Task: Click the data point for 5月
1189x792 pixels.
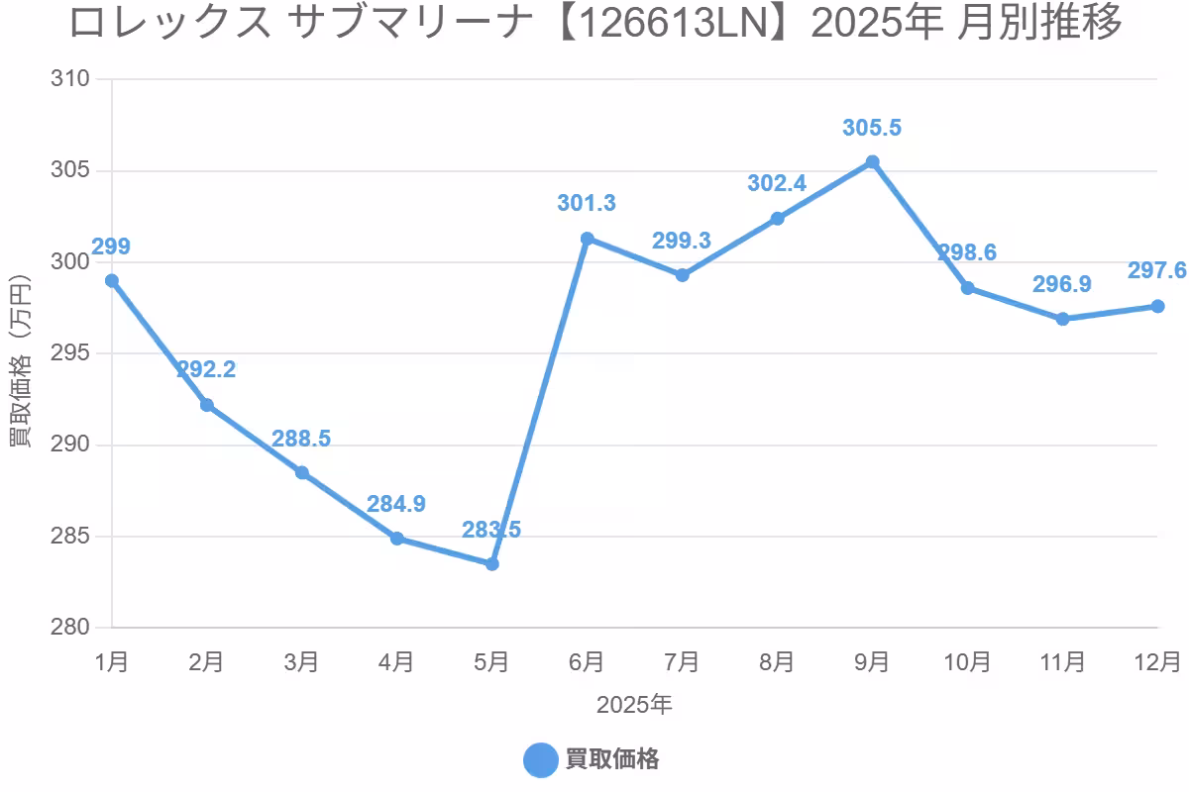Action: coord(492,563)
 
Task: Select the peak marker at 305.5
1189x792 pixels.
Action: coord(872,161)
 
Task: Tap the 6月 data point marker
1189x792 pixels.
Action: coord(587,239)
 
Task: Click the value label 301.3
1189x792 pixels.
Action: coord(587,204)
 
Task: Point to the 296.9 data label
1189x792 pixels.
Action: coord(1061,285)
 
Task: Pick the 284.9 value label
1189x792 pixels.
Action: coord(396,504)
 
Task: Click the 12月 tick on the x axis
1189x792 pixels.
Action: coord(1157,661)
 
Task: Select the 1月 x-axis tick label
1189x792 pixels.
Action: coord(112,661)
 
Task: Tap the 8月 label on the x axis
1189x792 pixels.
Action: coord(777,661)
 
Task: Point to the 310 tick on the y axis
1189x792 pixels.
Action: coord(70,79)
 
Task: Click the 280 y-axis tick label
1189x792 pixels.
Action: coord(70,628)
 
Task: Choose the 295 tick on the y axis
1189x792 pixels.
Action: coord(70,353)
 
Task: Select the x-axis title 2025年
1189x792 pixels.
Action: coord(634,705)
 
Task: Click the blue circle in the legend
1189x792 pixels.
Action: coord(540,760)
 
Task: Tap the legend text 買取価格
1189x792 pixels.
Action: coord(612,760)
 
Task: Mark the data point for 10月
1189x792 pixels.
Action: coord(967,288)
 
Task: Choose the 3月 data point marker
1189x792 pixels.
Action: coord(302,473)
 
